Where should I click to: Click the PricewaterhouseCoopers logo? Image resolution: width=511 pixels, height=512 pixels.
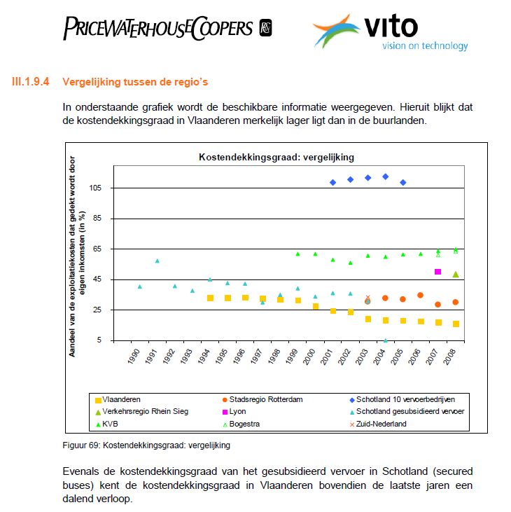167,28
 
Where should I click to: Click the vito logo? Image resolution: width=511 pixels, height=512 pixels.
390,32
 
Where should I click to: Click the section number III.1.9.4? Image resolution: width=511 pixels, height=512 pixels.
31,82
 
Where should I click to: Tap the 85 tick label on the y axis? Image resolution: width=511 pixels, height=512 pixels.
97,219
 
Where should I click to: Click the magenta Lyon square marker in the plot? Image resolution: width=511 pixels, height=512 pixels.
438,272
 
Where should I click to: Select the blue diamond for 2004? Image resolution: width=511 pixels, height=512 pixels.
386,177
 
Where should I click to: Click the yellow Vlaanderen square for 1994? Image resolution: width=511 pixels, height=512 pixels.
210,298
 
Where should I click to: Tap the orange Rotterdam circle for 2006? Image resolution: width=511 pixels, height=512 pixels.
421,296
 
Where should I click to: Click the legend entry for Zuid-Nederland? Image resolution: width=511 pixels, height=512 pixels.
381,424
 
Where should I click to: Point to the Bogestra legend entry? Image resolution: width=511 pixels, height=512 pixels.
248,424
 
